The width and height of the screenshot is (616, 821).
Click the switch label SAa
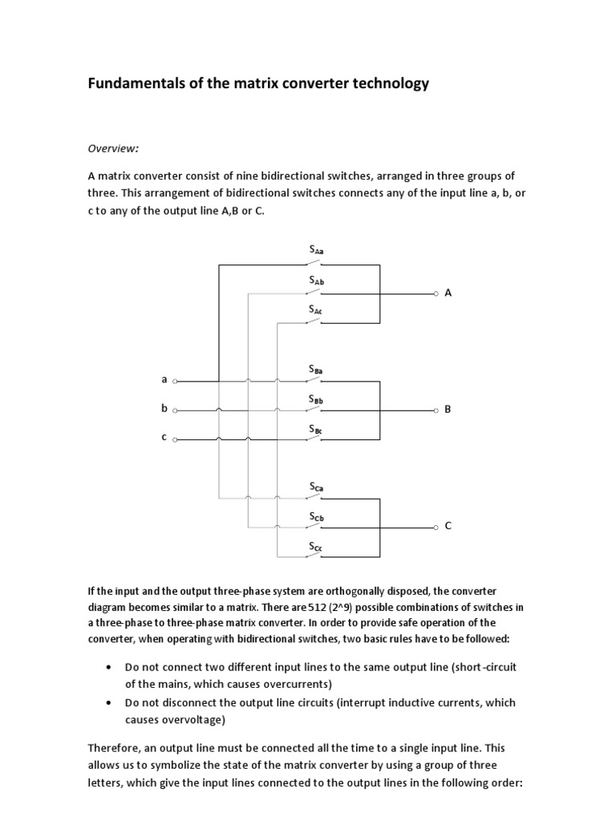[316, 251]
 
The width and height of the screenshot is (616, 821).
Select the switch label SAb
[316, 281]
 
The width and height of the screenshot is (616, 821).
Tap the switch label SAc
[316, 309]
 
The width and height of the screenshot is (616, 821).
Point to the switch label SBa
[316, 370]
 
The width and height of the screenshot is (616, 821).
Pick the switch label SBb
[316, 399]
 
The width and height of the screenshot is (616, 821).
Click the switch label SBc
[316, 430]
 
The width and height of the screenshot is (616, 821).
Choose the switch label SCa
[316, 487]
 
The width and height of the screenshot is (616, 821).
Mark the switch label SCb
[316, 518]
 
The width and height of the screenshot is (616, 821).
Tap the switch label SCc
[316, 547]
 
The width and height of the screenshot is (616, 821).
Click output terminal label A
[448, 293]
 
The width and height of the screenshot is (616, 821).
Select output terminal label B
[448, 410]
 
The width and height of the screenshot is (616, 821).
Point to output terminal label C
[448, 526]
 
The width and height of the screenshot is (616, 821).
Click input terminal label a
[164, 380]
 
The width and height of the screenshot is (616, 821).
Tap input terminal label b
[164, 409]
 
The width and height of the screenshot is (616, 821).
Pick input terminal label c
[164, 438]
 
